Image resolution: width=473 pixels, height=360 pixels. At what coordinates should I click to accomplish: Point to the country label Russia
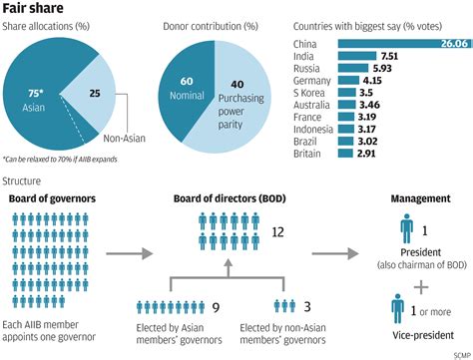tap(306, 71)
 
